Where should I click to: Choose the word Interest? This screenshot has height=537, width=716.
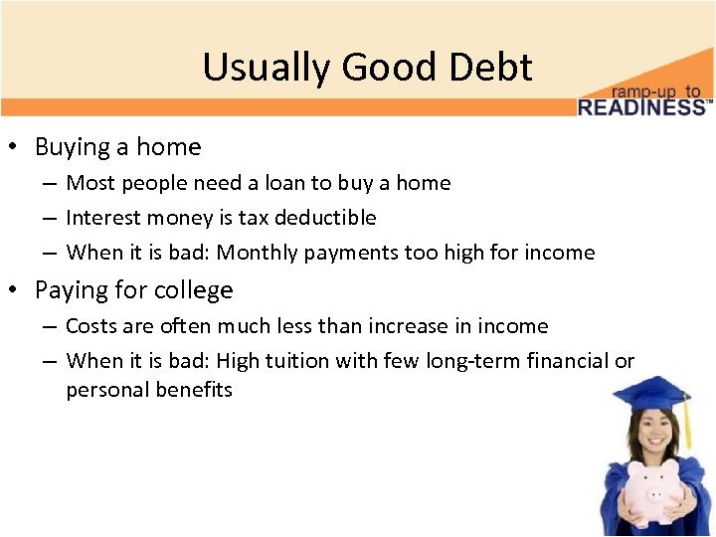click(x=100, y=218)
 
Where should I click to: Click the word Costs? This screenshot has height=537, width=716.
click(x=90, y=326)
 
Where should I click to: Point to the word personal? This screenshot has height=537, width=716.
click(x=104, y=390)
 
